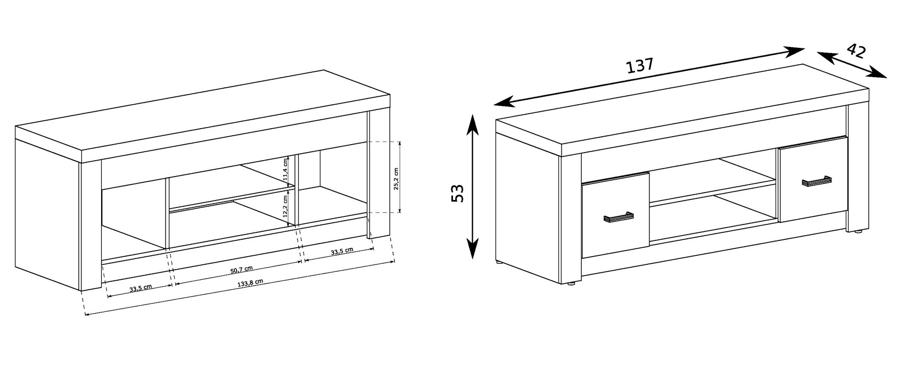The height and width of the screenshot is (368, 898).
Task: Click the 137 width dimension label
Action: [639, 66]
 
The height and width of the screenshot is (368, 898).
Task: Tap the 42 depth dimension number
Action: [856, 51]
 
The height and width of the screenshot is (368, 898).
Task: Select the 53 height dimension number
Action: [458, 193]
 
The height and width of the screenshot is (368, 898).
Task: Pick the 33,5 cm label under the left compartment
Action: [141, 288]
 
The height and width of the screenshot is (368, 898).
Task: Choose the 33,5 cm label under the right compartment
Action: [342, 251]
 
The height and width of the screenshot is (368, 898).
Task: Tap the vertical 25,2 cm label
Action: [396, 179]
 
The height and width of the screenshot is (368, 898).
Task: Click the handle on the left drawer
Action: [619, 216]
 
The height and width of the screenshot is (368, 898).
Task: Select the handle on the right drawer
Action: [817, 181]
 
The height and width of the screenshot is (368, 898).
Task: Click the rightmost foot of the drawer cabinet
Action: [859, 232]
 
